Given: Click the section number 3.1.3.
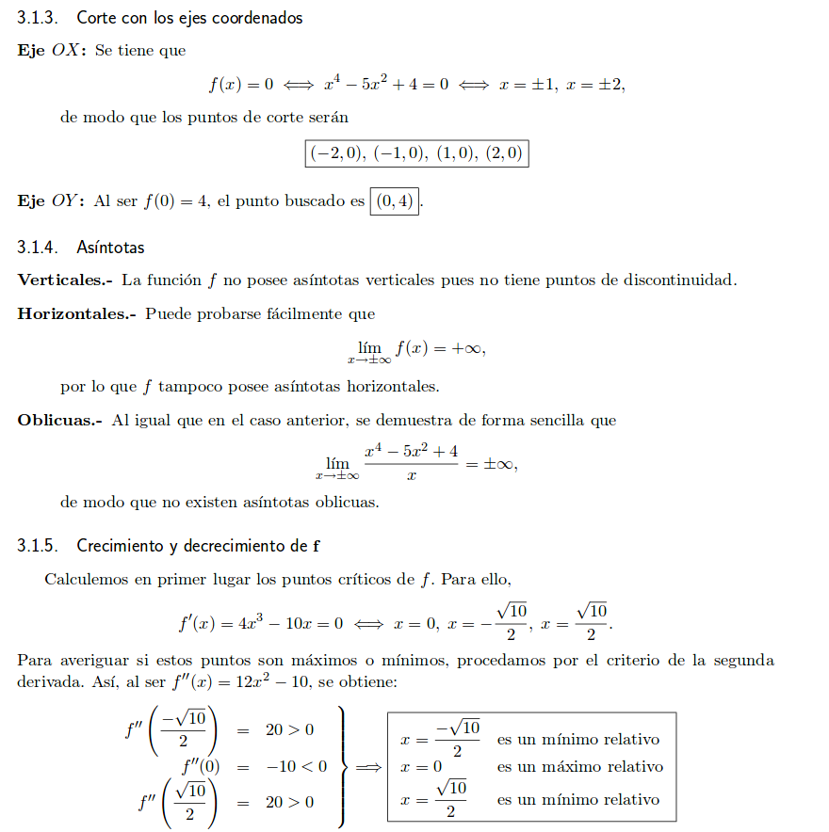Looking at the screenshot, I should coord(39,18).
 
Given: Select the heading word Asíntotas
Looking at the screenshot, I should coord(110,248).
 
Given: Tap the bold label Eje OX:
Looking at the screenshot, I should coord(52,50).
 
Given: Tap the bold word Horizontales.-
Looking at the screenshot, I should coord(77,313).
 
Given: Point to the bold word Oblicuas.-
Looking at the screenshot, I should coord(59,420).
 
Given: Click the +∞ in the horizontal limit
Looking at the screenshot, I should coord(467,347).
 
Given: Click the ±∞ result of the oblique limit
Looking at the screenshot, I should coord(499,464).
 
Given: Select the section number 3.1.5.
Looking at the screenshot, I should coord(39,546).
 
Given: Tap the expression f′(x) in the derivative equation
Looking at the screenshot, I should coord(200,622).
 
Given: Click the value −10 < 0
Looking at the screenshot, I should coord(297,766).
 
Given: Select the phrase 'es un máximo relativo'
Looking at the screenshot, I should coord(579,767).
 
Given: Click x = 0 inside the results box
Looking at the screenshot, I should coord(421,767).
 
